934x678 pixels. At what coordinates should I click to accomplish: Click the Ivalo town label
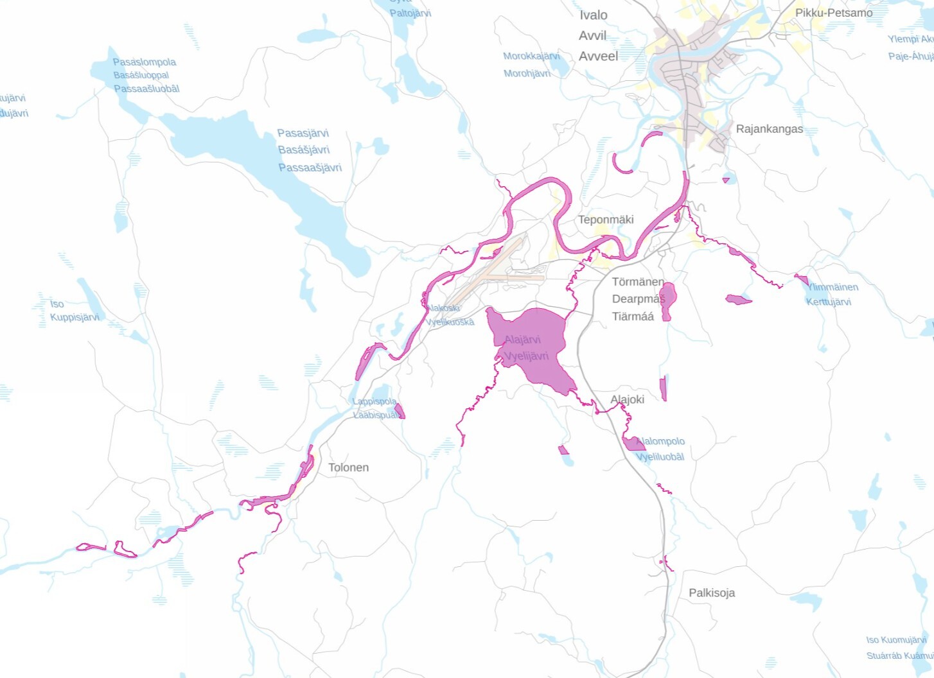(x=594, y=15)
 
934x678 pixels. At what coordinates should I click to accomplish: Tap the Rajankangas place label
(x=769, y=129)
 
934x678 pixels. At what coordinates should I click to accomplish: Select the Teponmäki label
(x=606, y=220)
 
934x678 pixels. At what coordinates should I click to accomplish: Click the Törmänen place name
(x=638, y=282)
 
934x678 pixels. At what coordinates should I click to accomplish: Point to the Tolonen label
(x=348, y=467)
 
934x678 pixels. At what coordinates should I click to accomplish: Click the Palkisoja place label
(x=712, y=593)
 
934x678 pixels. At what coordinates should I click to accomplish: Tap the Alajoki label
(x=627, y=399)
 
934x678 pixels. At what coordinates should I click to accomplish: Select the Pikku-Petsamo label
(x=834, y=13)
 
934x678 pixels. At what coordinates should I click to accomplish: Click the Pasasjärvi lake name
(x=303, y=134)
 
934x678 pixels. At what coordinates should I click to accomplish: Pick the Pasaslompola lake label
(x=145, y=62)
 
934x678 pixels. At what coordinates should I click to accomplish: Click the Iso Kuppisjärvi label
(x=75, y=311)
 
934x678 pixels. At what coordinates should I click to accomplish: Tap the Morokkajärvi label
(x=531, y=56)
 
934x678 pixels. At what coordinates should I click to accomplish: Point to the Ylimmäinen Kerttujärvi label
(x=832, y=294)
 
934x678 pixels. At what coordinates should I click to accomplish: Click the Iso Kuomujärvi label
(x=896, y=640)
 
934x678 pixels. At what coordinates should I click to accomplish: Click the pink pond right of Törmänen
(x=668, y=298)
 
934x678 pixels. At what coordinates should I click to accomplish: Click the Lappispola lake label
(x=374, y=402)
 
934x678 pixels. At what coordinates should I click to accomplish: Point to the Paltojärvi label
(x=410, y=13)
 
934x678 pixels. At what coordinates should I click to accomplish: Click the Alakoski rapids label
(x=443, y=309)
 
